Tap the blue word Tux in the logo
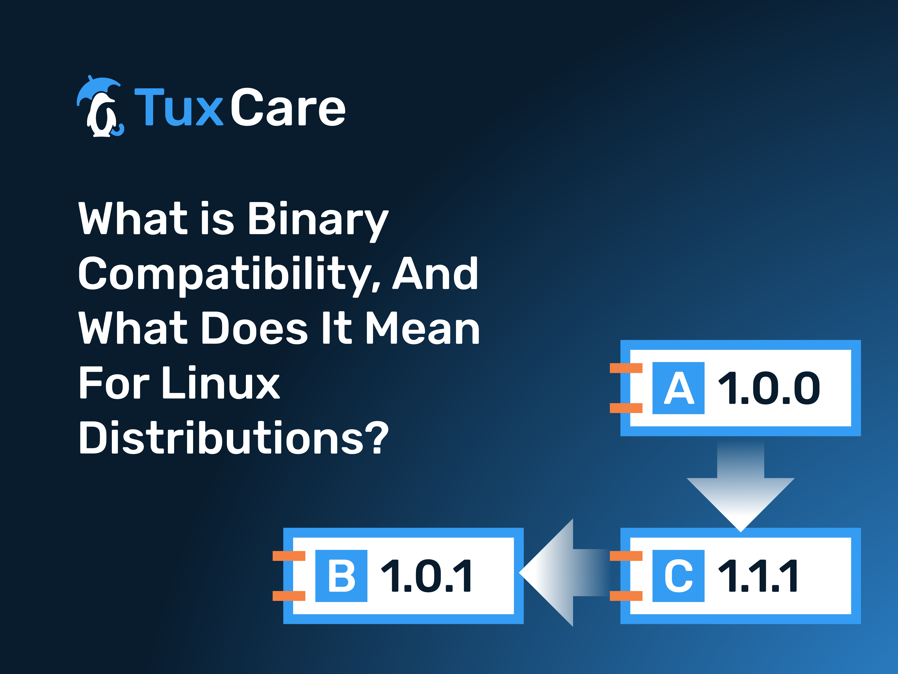click(x=179, y=107)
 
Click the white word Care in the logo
click(x=288, y=107)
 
